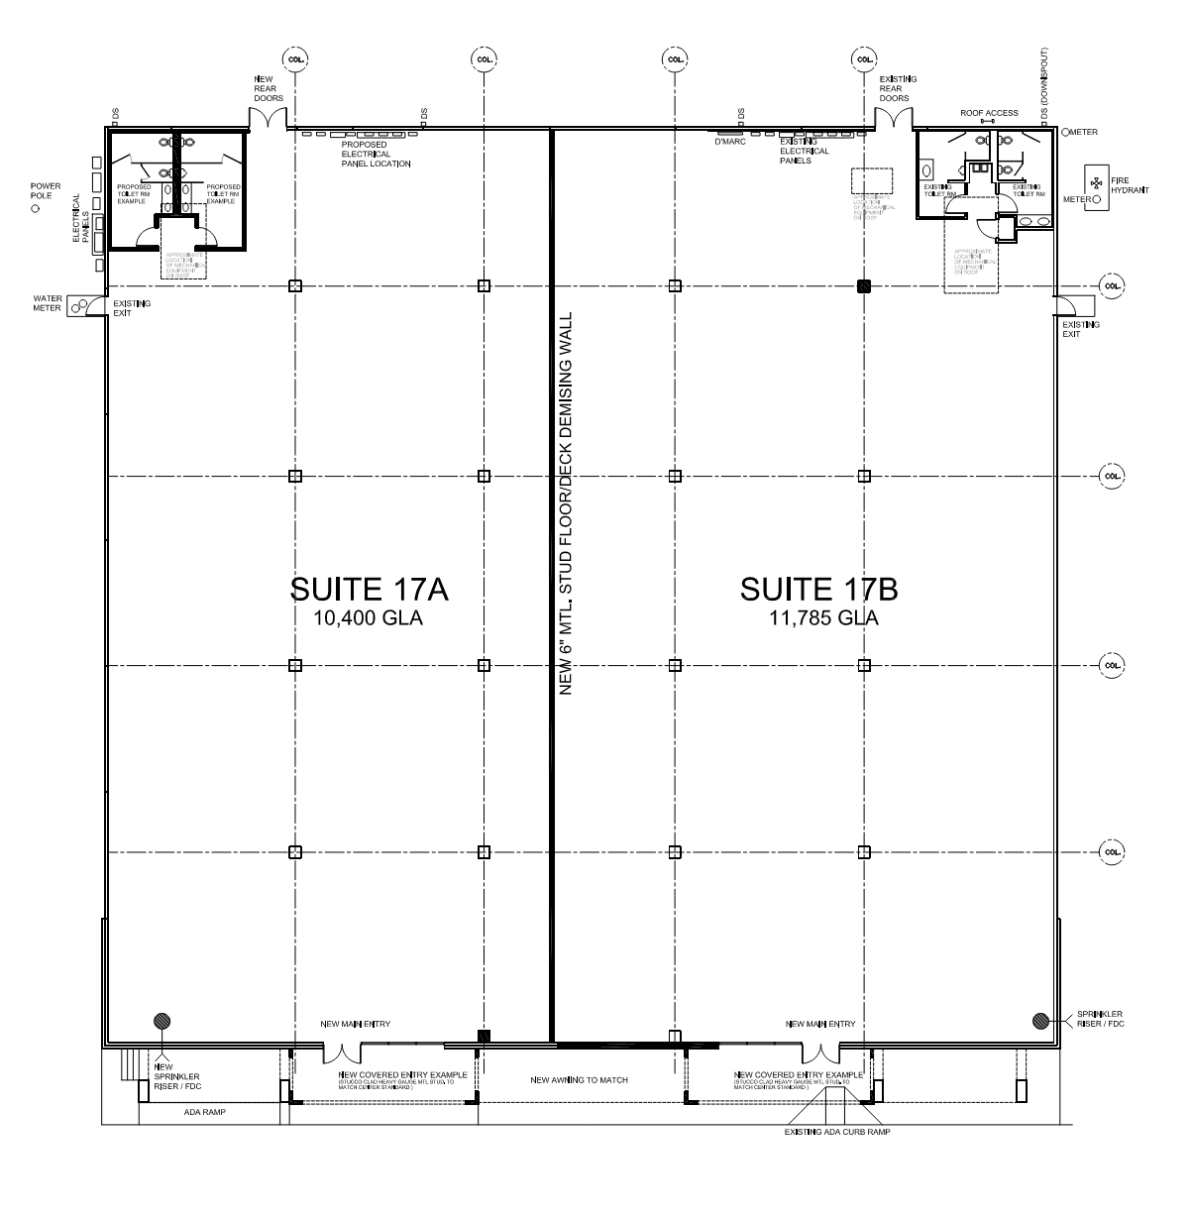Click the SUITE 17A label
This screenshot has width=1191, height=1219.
tap(369, 589)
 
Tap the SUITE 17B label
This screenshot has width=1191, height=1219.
tap(818, 589)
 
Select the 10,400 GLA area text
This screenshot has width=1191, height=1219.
tap(369, 619)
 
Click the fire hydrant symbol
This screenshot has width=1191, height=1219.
tap(1096, 183)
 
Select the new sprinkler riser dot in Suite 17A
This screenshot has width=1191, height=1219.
tap(160, 1021)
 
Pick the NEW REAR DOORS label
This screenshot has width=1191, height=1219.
tap(268, 89)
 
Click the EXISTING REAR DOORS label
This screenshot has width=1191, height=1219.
tap(898, 89)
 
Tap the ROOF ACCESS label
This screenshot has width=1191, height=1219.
tap(988, 113)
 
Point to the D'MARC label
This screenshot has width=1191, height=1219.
tap(729, 141)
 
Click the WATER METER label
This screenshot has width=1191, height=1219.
tap(48, 302)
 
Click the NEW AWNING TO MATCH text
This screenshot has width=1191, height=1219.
tap(579, 1080)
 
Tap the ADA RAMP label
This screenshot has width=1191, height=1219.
tap(205, 1112)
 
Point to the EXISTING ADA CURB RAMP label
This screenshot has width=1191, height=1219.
tap(837, 1132)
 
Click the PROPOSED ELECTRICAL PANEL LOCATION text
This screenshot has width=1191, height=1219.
tap(375, 155)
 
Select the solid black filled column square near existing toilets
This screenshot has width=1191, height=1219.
tap(864, 286)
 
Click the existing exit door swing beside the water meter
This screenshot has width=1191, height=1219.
tap(94, 306)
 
